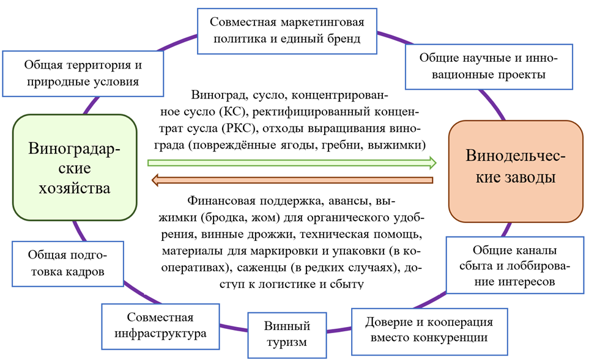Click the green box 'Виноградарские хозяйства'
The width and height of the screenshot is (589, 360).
(x=74, y=167)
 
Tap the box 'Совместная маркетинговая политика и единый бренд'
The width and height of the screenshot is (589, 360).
(x=287, y=31)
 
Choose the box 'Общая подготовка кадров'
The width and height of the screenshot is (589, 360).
(x=67, y=263)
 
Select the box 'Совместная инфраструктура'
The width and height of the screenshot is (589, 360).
(x=160, y=326)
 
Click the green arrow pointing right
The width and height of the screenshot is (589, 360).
(x=292, y=163)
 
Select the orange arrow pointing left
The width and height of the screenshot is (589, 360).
(x=292, y=180)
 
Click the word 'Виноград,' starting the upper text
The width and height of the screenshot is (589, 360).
(x=212, y=97)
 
